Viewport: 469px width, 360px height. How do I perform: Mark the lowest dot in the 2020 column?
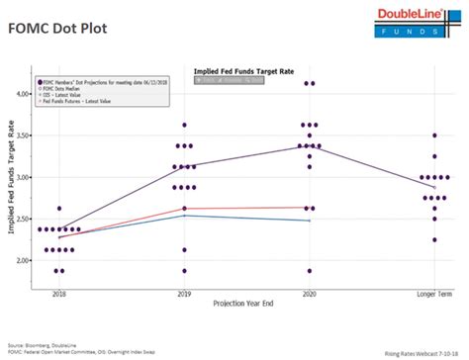(x=310, y=271)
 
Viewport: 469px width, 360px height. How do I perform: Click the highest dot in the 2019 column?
(x=184, y=126)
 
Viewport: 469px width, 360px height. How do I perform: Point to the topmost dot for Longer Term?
(x=433, y=135)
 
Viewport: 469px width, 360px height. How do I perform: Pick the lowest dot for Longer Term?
(x=433, y=239)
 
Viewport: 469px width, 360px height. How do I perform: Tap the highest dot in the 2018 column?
(x=59, y=209)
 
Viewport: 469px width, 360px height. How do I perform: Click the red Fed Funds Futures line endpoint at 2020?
(x=310, y=208)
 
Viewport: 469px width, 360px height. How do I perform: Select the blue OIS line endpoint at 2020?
(x=310, y=221)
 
